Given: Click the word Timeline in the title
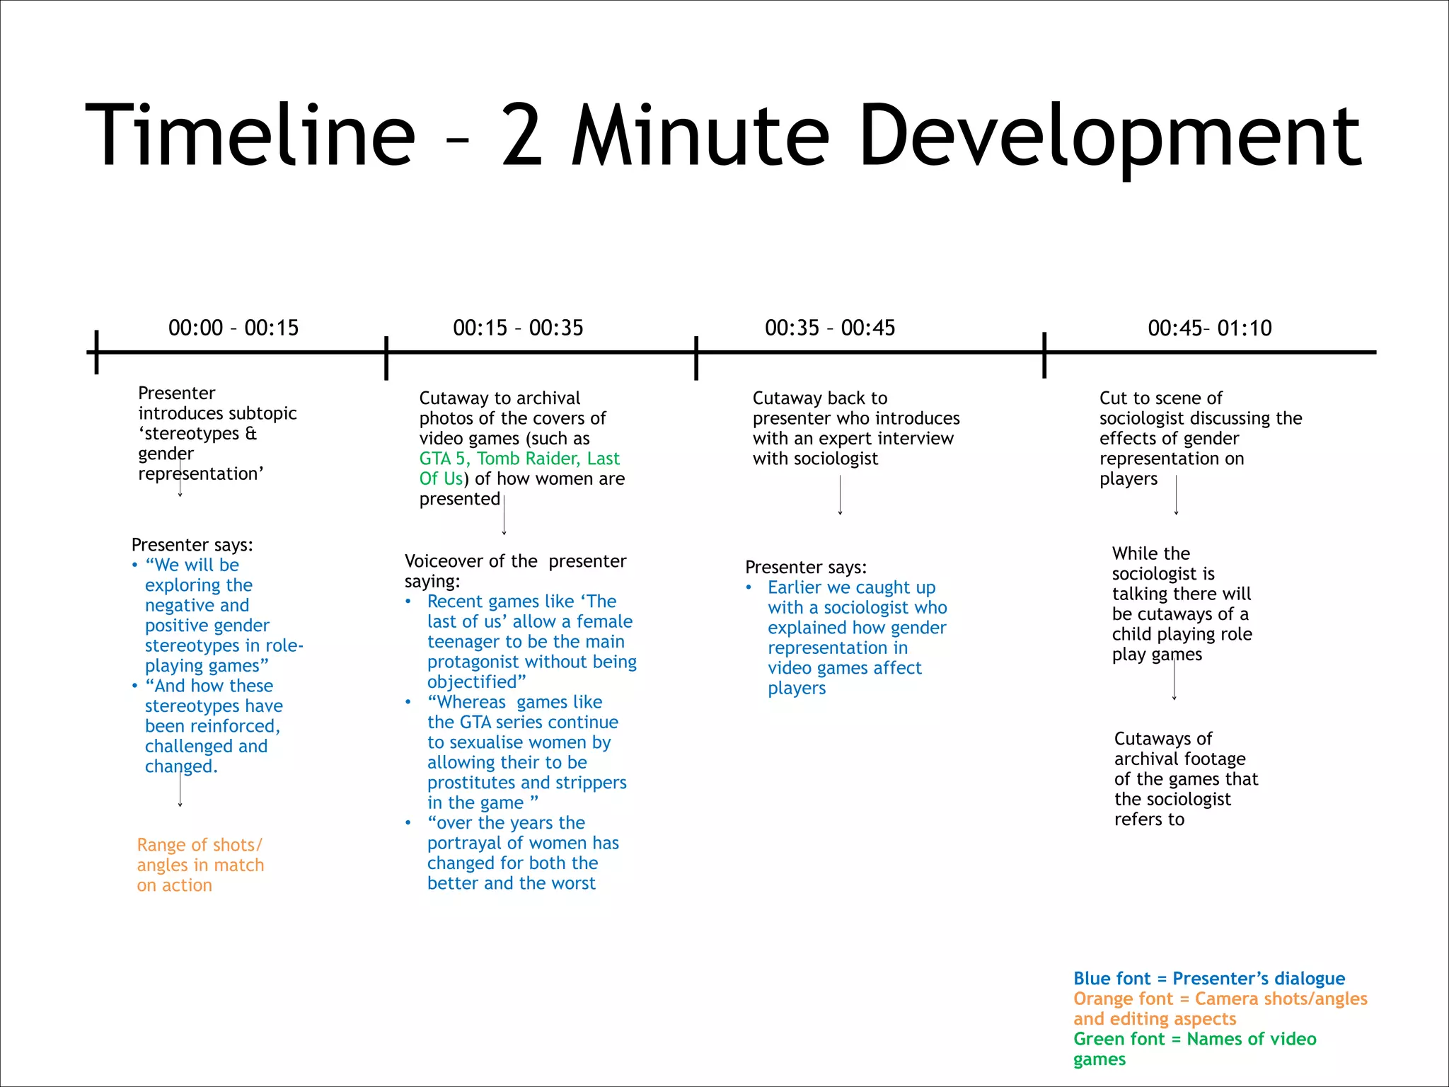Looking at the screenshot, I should [250, 134].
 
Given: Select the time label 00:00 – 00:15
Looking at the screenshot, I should [233, 328].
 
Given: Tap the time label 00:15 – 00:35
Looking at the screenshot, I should [518, 328].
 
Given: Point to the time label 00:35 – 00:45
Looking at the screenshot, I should [830, 328].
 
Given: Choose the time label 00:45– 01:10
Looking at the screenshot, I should [1210, 328].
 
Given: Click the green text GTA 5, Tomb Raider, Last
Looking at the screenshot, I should [519, 459].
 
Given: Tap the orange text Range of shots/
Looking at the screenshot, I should [200, 845].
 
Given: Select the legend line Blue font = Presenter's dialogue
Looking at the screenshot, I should [1209, 979].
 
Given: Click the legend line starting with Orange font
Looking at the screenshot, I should [1220, 999].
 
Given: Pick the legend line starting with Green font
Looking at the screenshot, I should [1194, 1039].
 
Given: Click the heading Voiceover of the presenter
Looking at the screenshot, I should [515, 561].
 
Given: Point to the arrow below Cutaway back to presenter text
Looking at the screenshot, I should [840, 495].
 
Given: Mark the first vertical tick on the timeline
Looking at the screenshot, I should [96, 352].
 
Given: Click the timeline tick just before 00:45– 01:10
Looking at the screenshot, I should [1044, 355].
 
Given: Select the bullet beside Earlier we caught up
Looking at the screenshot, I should [749, 587].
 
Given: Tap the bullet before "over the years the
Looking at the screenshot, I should [408, 823].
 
